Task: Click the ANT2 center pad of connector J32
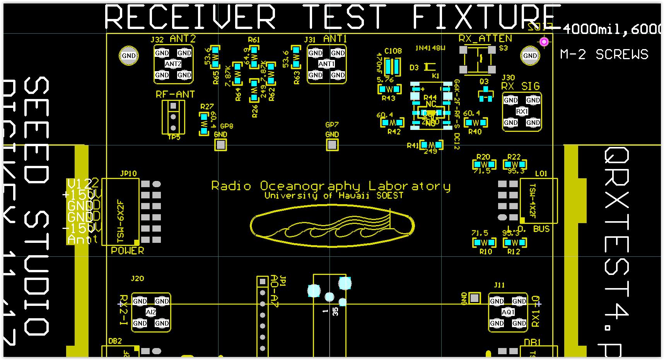173,64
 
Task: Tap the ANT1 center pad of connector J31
326,64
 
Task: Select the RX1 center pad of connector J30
522,111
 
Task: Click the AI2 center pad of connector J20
151,312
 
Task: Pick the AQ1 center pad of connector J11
508,312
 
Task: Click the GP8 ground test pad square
220,145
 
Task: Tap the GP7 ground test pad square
332,145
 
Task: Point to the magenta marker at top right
544,41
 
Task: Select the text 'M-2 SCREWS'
604,55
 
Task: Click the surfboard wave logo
332,226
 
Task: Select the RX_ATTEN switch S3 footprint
478,60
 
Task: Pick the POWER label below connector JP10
127,251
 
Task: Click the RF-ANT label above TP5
175,94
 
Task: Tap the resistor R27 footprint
204,124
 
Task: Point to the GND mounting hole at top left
129,56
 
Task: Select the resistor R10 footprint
484,243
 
